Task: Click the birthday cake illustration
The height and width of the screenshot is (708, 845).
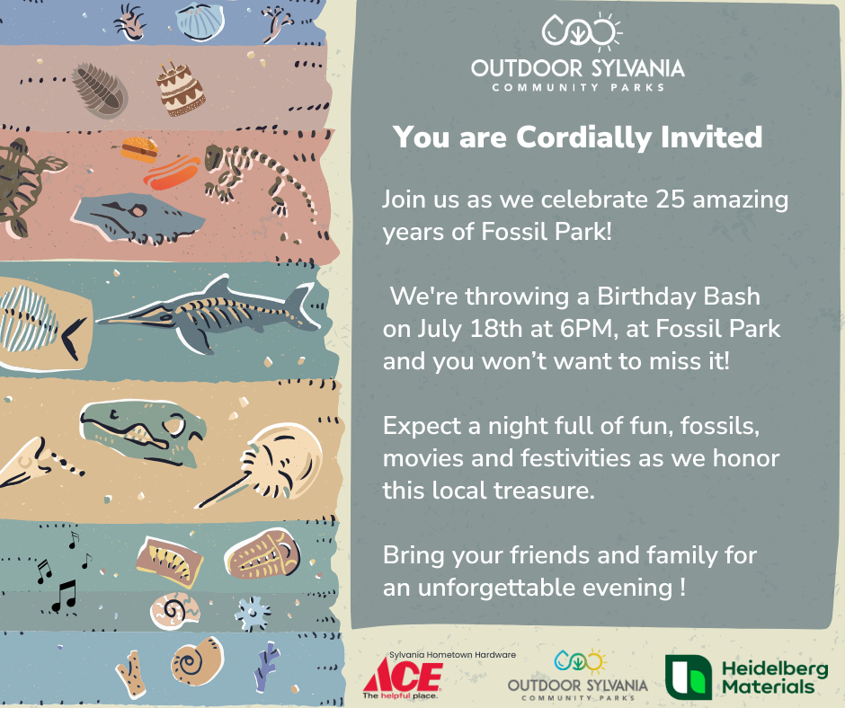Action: pyautogui.click(x=180, y=89)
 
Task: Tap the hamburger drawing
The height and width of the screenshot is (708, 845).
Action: pyautogui.click(x=139, y=149)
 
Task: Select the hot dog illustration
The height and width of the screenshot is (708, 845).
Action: pyautogui.click(x=172, y=173)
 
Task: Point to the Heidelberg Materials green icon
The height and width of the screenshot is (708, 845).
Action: pyautogui.click(x=689, y=677)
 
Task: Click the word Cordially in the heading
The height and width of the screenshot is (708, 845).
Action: pyautogui.click(x=583, y=137)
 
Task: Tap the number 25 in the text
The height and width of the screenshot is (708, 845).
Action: pyautogui.click(x=670, y=199)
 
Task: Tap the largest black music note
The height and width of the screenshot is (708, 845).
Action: pyautogui.click(x=65, y=596)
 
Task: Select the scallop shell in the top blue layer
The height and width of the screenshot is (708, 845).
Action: pyautogui.click(x=200, y=22)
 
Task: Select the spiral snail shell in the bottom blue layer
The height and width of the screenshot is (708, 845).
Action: pyautogui.click(x=197, y=661)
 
